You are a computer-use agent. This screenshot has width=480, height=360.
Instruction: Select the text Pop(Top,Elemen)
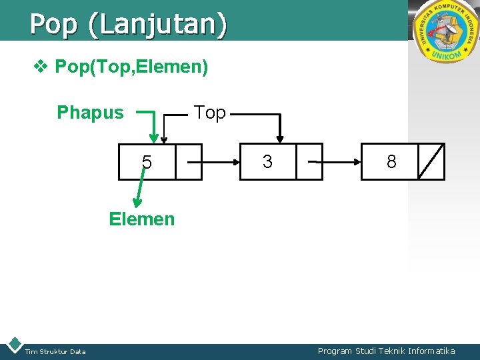point(131,67)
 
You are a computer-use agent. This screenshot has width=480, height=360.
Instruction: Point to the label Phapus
point(90,113)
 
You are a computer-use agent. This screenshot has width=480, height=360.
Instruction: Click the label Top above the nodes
point(210,113)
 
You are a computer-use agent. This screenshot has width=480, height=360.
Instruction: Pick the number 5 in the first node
point(147,163)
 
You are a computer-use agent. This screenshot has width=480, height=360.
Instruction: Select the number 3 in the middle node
point(267,161)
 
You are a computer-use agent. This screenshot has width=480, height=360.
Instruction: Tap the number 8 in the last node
point(391,161)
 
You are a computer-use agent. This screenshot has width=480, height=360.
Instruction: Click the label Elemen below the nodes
point(142,219)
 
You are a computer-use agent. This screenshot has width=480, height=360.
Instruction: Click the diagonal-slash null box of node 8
point(431,161)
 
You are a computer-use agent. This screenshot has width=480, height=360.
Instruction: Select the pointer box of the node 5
point(189,162)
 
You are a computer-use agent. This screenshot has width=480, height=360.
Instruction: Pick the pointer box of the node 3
point(309,161)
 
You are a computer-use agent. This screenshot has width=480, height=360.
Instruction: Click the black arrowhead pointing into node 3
point(281,137)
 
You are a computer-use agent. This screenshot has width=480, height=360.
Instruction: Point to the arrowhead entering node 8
point(356,161)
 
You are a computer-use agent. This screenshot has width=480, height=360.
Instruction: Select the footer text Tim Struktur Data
point(55,352)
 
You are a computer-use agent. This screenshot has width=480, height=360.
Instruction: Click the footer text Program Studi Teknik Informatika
point(387,351)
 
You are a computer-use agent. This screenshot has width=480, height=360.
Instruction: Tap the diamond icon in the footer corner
point(13,345)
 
